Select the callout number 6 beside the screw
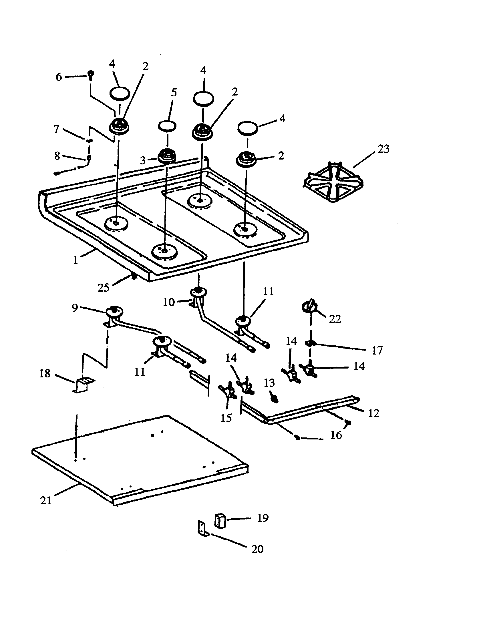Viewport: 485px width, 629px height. [59, 77]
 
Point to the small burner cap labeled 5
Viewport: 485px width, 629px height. [167, 126]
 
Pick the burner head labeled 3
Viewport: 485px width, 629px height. [167, 157]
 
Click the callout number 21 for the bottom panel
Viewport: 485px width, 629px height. [46, 501]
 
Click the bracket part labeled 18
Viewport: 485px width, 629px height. [84, 385]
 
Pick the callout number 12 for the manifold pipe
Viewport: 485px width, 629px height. [373, 413]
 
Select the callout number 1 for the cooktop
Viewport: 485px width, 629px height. [75, 260]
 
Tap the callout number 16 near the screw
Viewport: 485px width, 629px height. [336, 435]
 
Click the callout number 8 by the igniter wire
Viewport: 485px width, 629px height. [57, 156]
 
